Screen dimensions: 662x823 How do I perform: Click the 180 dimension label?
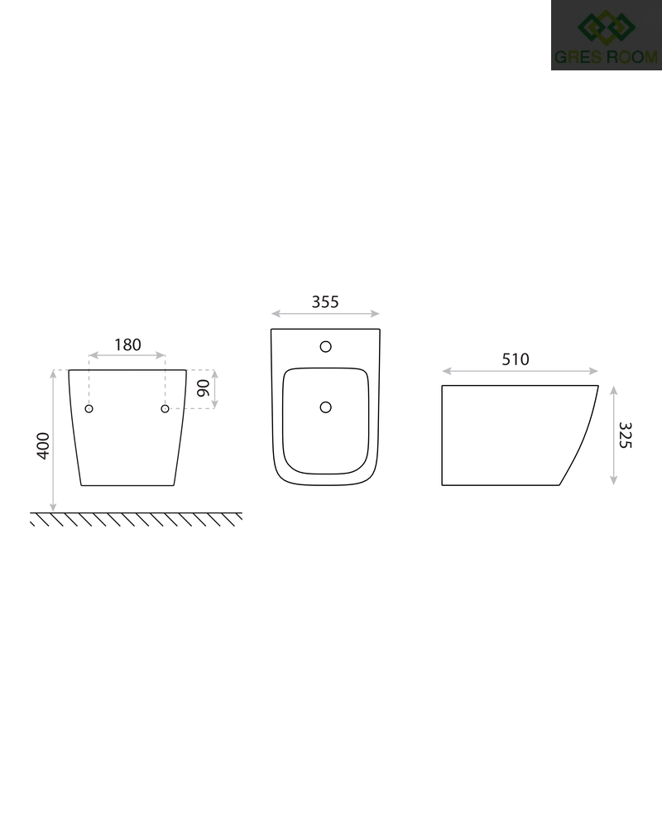point(127,344)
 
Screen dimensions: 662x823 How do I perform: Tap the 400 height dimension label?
point(43,445)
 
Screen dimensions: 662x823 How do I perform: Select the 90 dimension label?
point(203,388)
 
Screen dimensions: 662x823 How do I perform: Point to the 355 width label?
point(325,302)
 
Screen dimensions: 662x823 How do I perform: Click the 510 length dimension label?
point(516,359)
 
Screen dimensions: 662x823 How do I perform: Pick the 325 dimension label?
point(626,436)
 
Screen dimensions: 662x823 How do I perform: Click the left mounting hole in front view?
point(89,408)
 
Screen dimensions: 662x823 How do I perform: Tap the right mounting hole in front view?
point(165,408)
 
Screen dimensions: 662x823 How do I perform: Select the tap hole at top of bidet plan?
point(326,346)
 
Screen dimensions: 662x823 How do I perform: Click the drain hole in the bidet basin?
point(326,407)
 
